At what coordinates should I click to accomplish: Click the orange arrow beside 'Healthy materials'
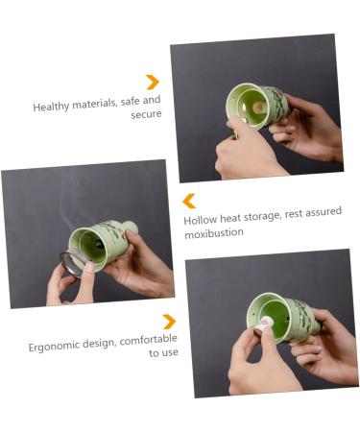click(152, 82)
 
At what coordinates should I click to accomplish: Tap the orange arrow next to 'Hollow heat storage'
click(189, 201)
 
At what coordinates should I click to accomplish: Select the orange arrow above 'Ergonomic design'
click(169, 322)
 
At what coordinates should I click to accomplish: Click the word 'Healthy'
click(52, 108)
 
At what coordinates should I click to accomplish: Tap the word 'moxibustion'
click(213, 233)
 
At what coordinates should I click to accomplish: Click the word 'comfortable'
click(148, 340)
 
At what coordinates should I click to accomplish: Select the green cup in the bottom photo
click(278, 318)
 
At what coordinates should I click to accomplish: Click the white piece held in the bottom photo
click(260, 327)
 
